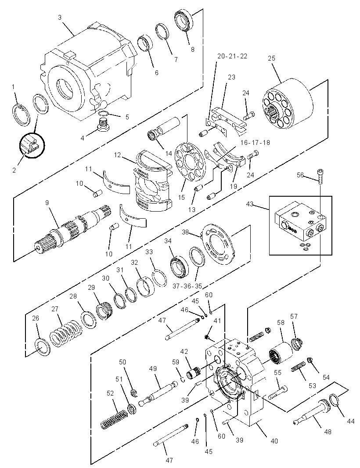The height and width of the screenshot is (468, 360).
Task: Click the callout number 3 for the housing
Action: tap(60, 18)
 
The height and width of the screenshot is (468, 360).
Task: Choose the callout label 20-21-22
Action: tap(232, 56)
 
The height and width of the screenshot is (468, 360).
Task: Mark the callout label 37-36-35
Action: tap(187, 286)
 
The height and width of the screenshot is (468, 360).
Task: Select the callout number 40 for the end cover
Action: tap(274, 440)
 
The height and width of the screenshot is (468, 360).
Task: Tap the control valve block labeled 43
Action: tap(300, 221)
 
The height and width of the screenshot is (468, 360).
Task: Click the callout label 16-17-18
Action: tap(255, 142)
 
